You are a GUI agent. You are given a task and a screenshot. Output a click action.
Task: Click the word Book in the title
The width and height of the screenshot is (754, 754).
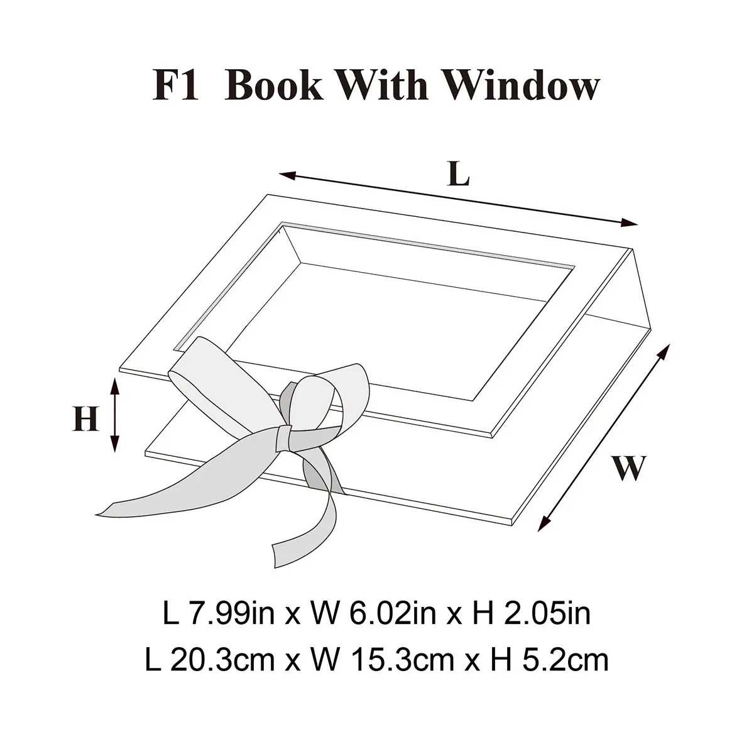coord(274,85)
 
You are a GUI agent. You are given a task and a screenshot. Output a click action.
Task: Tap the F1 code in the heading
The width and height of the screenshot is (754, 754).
coord(176,85)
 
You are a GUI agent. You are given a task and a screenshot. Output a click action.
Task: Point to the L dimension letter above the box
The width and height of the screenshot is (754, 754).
coord(459,173)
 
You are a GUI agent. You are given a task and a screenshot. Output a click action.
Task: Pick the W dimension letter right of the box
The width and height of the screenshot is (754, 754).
coord(628,467)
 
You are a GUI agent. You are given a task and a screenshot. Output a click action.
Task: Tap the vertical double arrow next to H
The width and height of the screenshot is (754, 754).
coord(114,415)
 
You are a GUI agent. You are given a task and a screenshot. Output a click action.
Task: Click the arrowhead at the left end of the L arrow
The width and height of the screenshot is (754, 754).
coord(287,175)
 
